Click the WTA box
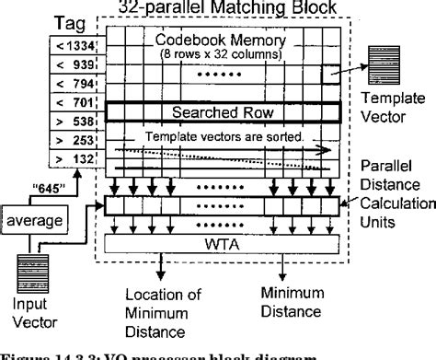click(x=217, y=244)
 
